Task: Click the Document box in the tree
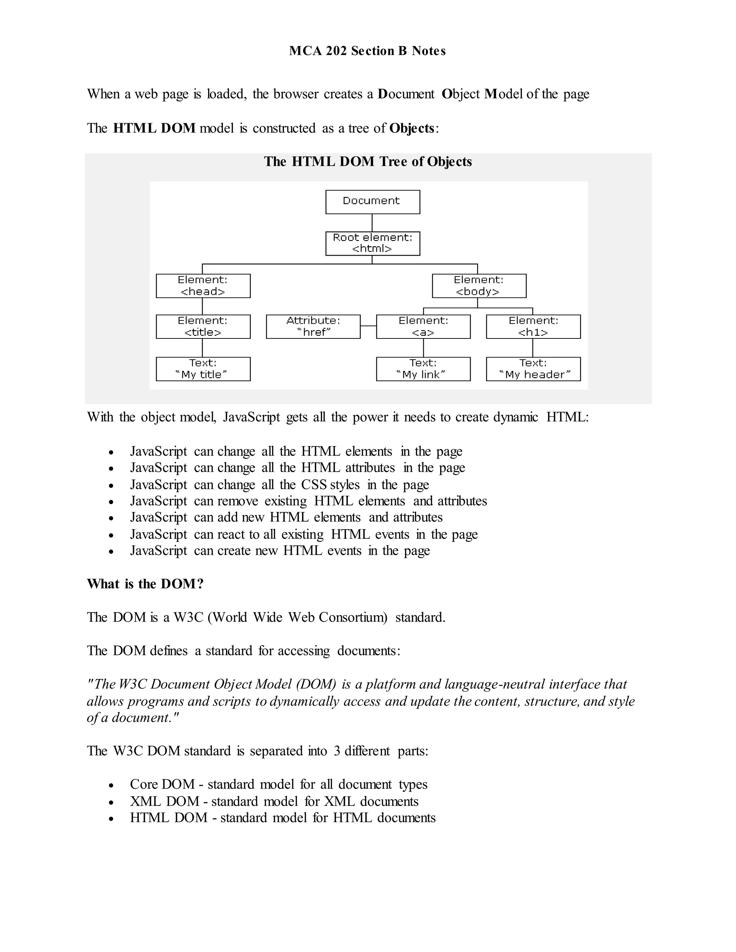tap(372, 202)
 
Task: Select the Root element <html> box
tap(372, 243)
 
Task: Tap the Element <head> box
tap(203, 286)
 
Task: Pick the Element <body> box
tap(479, 286)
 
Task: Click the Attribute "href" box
tap(313, 327)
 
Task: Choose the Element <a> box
tap(423, 327)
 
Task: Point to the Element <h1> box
tap(533, 327)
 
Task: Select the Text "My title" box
tap(203, 369)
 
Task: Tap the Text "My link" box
tap(423, 369)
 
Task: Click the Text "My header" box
tap(533, 369)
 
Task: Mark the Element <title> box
tap(203, 327)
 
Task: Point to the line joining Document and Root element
tap(372, 222)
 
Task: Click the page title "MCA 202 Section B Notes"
tap(367, 51)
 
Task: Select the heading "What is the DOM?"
tap(145, 584)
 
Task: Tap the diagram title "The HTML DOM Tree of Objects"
tap(368, 162)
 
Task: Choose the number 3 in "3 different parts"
tap(337, 750)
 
